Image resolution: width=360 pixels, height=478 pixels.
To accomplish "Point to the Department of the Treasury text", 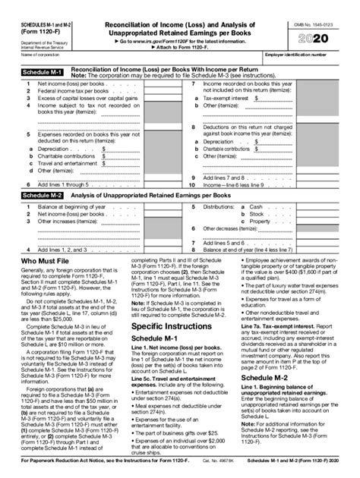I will tap(39, 36).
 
